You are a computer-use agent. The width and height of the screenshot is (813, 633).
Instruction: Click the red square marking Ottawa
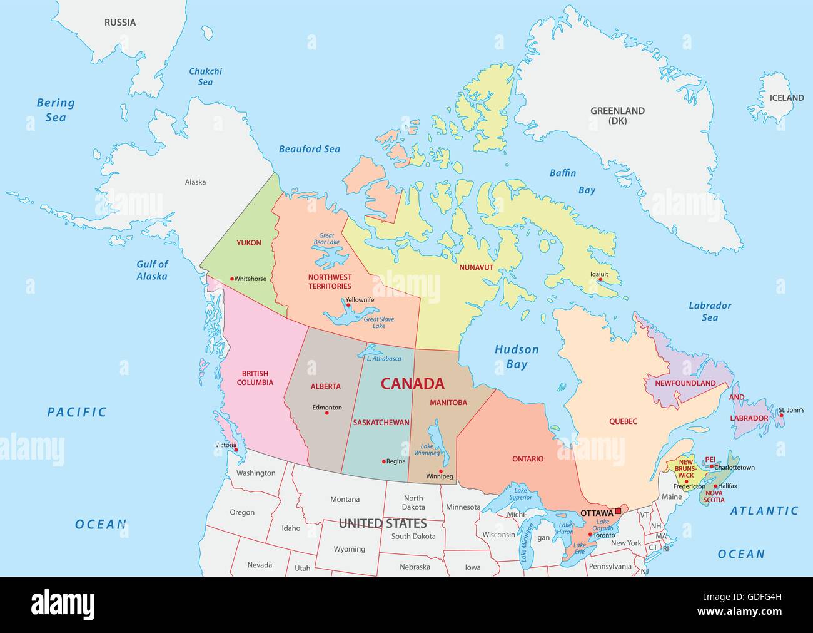(x=618, y=512)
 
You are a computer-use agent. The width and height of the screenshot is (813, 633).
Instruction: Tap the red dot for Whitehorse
(x=232, y=279)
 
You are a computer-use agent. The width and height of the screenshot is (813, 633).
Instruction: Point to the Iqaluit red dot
(x=600, y=280)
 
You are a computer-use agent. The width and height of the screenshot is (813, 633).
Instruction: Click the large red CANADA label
(x=413, y=384)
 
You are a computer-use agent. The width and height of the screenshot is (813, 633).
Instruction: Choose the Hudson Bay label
(x=517, y=357)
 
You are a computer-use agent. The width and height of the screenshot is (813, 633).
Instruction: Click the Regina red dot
(x=384, y=461)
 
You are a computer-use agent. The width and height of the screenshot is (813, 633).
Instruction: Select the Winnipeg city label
(x=440, y=476)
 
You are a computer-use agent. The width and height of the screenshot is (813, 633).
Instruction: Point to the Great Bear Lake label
(x=326, y=239)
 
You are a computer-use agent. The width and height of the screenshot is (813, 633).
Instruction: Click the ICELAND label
(x=786, y=98)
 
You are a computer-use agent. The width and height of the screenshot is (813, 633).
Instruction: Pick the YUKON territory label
(x=249, y=243)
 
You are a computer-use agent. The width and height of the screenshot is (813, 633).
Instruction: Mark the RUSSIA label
(x=119, y=23)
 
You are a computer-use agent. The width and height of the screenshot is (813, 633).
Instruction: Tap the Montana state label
(x=345, y=499)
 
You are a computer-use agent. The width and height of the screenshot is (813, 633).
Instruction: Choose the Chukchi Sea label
(x=205, y=76)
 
